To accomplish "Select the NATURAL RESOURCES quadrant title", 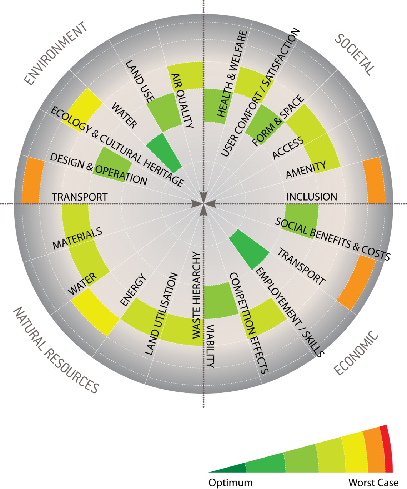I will [56, 350].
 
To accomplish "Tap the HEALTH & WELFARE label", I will [232, 74].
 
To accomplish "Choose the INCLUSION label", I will [312, 197].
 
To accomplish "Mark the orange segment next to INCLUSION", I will [374, 181].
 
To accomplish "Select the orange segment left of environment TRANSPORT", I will [33, 181].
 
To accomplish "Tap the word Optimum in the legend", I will [230, 483].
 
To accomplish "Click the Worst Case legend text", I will [373, 483].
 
